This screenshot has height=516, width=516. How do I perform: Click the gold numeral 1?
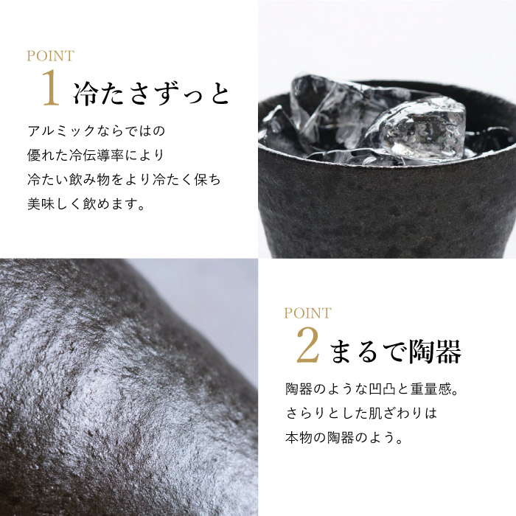tap(51, 87)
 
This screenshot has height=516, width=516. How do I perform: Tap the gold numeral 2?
tap(308, 345)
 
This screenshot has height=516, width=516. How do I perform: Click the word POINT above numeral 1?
tap(50, 56)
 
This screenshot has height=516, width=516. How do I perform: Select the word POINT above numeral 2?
tap(307, 313)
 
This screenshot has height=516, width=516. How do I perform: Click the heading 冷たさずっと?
tap(150, 93)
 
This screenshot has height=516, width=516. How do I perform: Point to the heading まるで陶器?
tap(395, 352)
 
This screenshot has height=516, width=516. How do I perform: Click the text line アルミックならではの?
tap(96, 131)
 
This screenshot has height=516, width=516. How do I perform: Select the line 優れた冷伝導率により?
tap(96, 156)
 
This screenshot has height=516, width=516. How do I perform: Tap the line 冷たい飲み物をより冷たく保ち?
tap(124, 180)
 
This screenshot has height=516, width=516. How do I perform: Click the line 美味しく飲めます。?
tap(86, 204)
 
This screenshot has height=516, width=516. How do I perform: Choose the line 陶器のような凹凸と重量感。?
tap(372, 389)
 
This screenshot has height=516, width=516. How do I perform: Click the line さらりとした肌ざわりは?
tap(361, 414)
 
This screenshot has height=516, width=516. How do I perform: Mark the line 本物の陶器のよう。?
tap(344, 438)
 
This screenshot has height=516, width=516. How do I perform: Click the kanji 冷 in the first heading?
tap(86, 94)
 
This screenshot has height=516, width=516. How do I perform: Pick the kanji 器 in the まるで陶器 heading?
tap(448, 352)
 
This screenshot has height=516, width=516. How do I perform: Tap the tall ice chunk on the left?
tap(321, 112)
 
